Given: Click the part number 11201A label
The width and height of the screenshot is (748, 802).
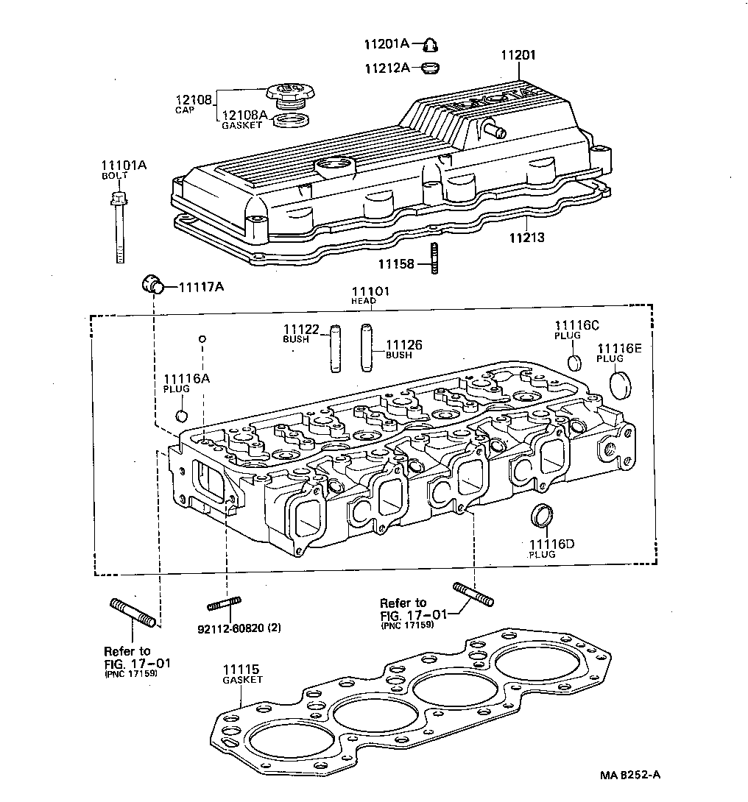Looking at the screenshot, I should [386, 43].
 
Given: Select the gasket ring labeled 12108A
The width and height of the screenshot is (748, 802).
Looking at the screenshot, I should [290, 119].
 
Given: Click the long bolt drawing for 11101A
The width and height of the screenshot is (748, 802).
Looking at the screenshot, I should [118, 227].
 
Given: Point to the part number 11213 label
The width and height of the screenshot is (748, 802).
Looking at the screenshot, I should [528, 238].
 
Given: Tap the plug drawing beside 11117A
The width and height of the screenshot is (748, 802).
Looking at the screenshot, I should [152, 284].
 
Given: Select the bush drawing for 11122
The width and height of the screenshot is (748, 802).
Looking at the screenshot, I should [335, 349].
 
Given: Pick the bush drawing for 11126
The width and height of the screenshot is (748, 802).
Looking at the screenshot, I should [367, 349].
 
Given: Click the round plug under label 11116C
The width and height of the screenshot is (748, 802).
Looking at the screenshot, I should [576, 362].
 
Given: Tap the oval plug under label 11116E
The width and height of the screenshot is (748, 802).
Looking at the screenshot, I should [622, 384].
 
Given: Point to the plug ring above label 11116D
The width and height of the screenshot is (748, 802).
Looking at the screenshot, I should [542, 516].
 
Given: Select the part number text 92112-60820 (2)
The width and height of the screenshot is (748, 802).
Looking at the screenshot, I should [239, 628].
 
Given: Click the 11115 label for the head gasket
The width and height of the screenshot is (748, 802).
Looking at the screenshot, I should [241, 670].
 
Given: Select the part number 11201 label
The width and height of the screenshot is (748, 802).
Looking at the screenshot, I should [518, 55].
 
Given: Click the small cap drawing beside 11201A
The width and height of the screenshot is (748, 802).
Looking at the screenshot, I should [430, 46].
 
